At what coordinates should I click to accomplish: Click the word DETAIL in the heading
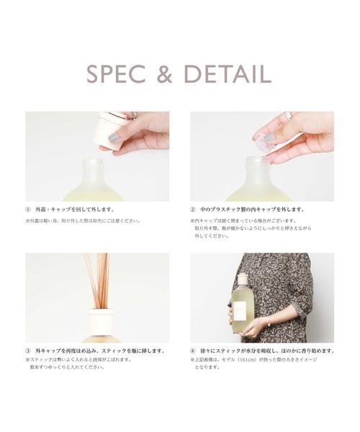[x=229, y=75]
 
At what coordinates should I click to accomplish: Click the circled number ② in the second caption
[x=194, y=210]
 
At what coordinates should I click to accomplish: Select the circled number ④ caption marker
[x=194, y=351]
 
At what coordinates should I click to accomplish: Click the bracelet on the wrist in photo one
[x=134, y=115]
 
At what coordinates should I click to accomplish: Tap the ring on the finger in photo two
[x=288, y=115]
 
